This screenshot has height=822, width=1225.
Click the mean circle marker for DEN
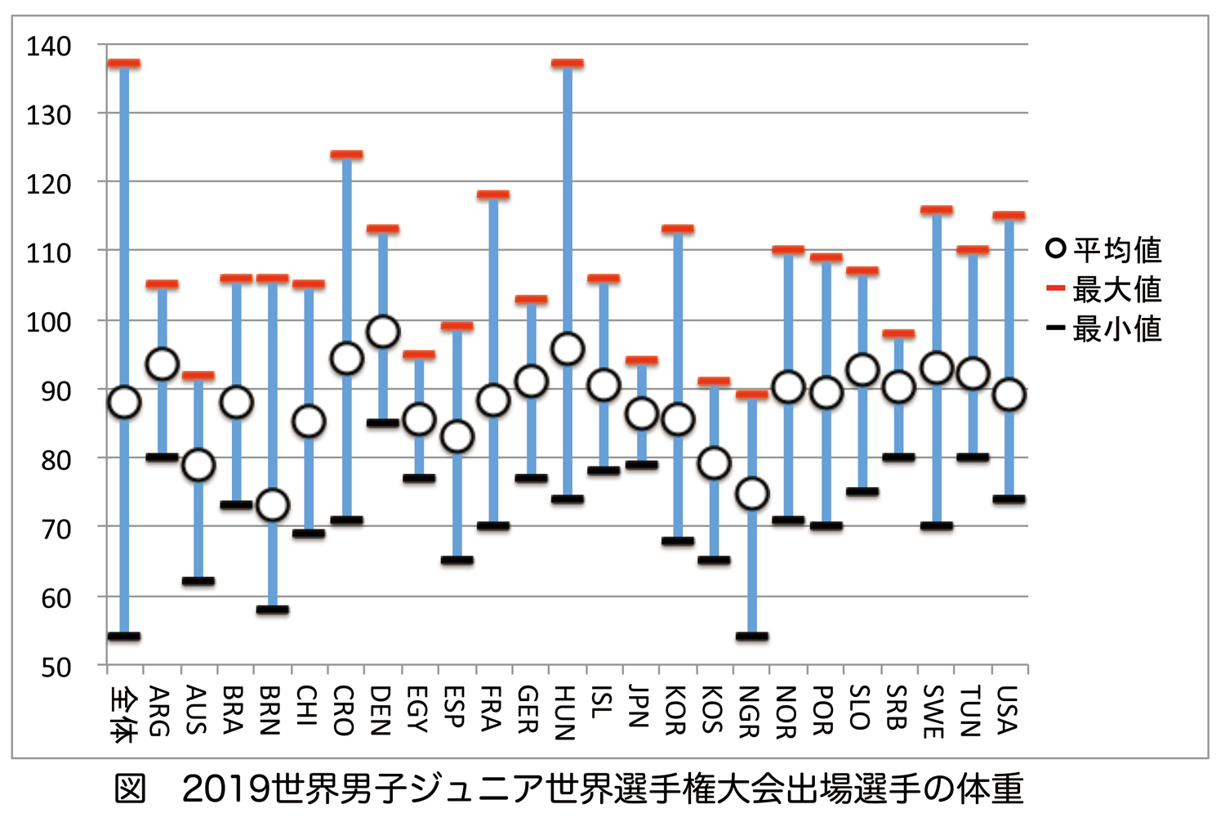coord(383,333)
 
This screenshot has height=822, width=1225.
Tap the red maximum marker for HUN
coord(568,63)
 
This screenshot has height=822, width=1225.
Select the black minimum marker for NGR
coord(751,636)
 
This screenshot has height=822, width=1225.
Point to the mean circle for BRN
coord(273,505)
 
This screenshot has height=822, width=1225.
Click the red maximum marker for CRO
coord(346,154)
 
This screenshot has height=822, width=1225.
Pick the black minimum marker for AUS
coord(198,581)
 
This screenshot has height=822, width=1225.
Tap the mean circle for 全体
coord(124,402)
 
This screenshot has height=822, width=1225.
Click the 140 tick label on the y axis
coord(49,46)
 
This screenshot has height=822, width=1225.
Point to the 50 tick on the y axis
coord(56,667)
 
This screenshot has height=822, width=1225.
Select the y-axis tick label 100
coord(49,322)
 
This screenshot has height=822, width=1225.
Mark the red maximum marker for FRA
coord(493,194)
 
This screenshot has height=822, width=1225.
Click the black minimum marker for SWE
coord(936,525)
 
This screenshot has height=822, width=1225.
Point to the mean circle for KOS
coord(715,463)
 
